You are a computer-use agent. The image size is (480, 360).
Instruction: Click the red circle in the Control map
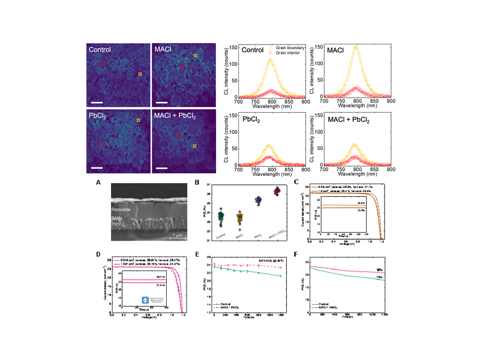(101, 63)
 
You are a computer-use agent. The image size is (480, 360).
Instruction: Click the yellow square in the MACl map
(195, 56)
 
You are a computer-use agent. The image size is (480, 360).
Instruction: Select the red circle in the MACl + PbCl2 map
(178, 136)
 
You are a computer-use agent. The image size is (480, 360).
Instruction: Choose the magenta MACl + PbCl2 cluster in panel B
(277, 191)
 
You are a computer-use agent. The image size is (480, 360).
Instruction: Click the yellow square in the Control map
(140, 74)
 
